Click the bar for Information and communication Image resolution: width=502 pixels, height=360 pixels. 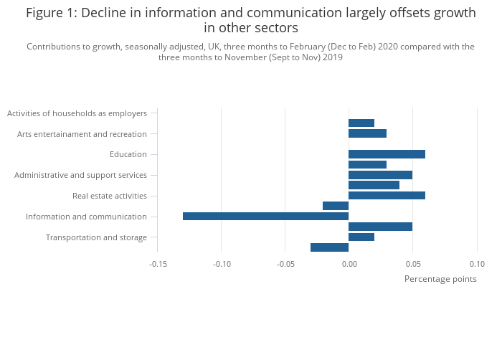265,217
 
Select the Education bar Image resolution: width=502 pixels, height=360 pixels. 387,154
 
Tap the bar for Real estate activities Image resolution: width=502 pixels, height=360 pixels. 387,196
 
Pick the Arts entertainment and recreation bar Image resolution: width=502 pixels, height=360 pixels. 367,133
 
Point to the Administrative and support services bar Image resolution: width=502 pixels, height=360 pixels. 380,175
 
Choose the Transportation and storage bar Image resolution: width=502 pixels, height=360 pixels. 361,237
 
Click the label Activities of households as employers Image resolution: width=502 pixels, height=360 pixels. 77,113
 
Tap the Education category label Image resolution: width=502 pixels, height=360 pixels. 128,154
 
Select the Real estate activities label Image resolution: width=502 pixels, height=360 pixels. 110,196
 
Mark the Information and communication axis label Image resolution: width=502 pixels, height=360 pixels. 86,217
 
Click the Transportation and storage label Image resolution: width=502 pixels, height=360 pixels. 96,237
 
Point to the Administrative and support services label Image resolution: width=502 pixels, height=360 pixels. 80,175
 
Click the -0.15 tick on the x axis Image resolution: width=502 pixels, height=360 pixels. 158,264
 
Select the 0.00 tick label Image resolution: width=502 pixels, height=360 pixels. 349,264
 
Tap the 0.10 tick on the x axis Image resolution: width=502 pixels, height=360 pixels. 477,264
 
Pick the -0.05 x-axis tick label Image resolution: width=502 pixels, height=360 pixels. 285,264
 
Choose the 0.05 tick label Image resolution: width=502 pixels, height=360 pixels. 412,264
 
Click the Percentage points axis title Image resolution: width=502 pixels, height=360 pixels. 440,279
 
